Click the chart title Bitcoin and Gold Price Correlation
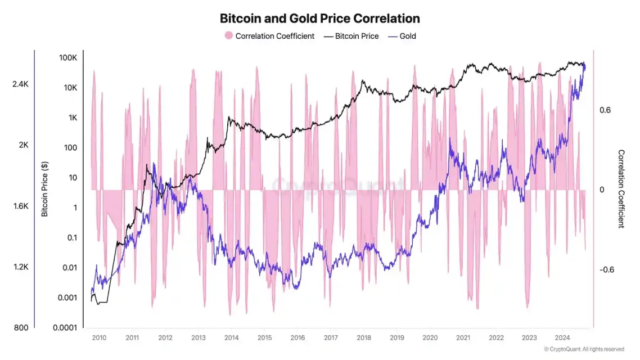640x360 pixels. click(x=319, y=19)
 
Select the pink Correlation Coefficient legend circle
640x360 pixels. click(x=228, y=36)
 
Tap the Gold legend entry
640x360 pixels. click(x=407, y=36)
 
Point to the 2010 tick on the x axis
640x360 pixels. click(x=99, y=338)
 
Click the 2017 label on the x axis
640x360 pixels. click(x=331, y=338)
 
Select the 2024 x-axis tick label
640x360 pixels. click(x=562, y=338)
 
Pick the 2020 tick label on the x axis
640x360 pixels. click(x=430, y=338)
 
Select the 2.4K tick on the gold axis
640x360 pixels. click(x=20, y=84)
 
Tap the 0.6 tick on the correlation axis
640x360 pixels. click(x=605, y=110)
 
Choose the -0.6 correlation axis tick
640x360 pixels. click(x=607, y=270)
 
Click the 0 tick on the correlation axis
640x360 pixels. click(x=602, y=190)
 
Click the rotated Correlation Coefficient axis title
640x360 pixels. click(x=621, y=188)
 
